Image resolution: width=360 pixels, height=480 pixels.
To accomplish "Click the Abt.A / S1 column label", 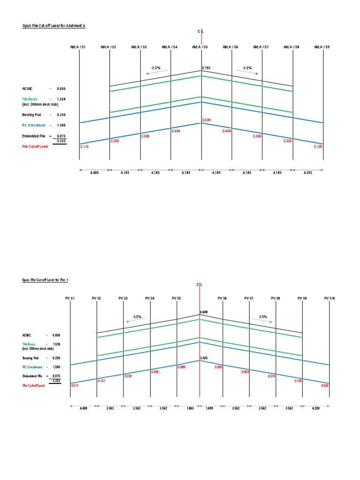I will (x=78, y=47).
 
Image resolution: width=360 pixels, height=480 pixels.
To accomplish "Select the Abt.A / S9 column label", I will (x=322, y=47).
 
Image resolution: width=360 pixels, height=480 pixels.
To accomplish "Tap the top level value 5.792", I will (x=206, y=68).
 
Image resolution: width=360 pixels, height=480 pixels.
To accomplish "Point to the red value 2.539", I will (x=206, y=120).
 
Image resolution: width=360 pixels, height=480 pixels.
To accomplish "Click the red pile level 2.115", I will (x=84, y=147).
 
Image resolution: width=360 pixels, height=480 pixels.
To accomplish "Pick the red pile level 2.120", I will (x=318, y=147).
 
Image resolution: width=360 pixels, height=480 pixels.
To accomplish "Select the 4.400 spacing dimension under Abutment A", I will (x=95, y=173).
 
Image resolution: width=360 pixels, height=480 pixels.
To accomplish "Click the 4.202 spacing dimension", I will (x=307, y=173).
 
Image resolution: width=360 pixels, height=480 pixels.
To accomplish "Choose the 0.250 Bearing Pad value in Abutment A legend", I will (x=61, y=114).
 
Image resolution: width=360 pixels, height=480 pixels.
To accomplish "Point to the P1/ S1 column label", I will (x=70, y=298).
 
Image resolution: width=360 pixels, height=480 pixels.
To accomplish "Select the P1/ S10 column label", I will (x=329, y=298).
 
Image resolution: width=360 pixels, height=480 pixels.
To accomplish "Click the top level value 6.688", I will (x=204, y=312).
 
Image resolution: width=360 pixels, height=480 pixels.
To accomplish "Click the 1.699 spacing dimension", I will (x=210, y=408).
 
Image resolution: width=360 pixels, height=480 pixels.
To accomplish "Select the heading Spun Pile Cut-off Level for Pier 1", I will (x=43, y=280).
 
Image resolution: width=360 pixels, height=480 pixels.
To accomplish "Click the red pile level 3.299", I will (x=155, y=372).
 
